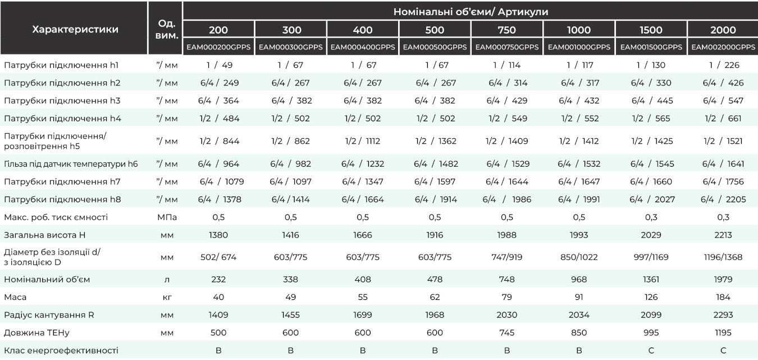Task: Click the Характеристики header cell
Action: coord(75,29)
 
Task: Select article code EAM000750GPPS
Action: coord(507,47)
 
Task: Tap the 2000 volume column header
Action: coord(723,30)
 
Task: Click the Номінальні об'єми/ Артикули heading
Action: coord(471,11)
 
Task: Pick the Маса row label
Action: coord(15,297)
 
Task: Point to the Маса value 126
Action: coord(651,297)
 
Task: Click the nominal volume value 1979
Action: coord(723,280)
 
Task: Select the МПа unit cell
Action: coord(167,217)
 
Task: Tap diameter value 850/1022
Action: coord(579,257)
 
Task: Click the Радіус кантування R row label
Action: coord(49,315)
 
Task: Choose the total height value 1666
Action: coord(363,235)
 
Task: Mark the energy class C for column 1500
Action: coord(651,350)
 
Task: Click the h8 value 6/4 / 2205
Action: coord(723,199)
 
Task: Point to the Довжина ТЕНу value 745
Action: coord(507,332)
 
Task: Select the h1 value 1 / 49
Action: coord(220,65)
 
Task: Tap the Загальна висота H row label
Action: coord(45,235)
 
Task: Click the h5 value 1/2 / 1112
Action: coord(363,141)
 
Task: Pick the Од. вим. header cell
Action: coord(167,29)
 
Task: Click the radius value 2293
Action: coord(723,315)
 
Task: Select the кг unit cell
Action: coord(167,298)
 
